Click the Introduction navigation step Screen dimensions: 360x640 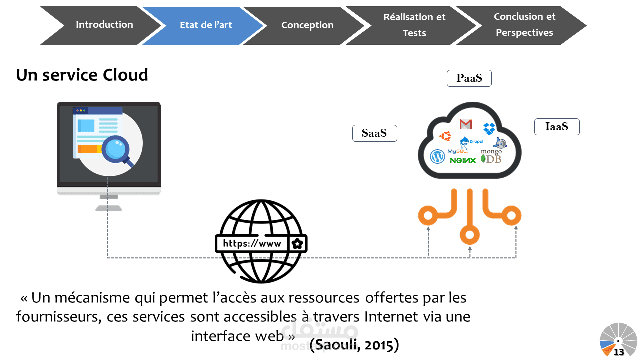click(x=104, y=25)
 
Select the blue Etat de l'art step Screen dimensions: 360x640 click(x=206, y=25)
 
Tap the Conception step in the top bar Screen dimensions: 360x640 click(x=307, y=25)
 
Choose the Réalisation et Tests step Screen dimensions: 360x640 click(x=414, y=25)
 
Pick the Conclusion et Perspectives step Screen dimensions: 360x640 click(x=524, y=25)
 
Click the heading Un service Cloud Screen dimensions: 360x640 click(x=82, y=75)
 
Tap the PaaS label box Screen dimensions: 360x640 click(x=469, y=78)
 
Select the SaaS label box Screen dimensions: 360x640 click(x=374, y=133)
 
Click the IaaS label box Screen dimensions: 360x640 click(x=556, y=127)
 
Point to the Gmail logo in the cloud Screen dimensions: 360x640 click(x=465, y=124)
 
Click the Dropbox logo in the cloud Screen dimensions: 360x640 click(x=489, y=128)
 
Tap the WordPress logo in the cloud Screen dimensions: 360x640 click(x=437, y=156)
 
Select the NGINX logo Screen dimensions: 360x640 click(x=463, y=160)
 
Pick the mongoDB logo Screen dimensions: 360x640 click(x=491, y=156)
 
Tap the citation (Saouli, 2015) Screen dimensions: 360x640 click(x=354, y=344)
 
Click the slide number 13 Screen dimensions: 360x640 click(x=619, y=352)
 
